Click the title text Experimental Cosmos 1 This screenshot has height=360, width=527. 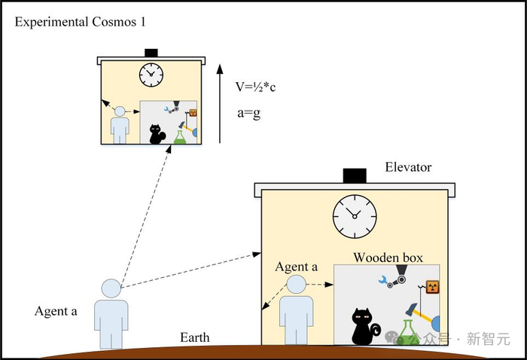coord(81,21)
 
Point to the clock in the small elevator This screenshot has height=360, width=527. coord(151,74)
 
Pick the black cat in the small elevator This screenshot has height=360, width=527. coord(157,134)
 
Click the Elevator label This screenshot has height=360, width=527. coord(408,167)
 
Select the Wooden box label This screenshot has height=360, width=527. coord(388,258)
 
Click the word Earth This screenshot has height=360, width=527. coord(194,337)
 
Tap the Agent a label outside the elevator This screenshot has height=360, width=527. coord(56,311)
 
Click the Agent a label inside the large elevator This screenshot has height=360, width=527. coord(297,267)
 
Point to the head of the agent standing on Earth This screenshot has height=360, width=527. coord(111,288)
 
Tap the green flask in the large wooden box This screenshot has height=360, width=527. coord(410,330)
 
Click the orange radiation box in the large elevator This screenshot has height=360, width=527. coord(432,287)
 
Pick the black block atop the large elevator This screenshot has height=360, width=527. coord(355,175)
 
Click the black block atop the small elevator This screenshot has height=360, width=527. coord(151,52)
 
